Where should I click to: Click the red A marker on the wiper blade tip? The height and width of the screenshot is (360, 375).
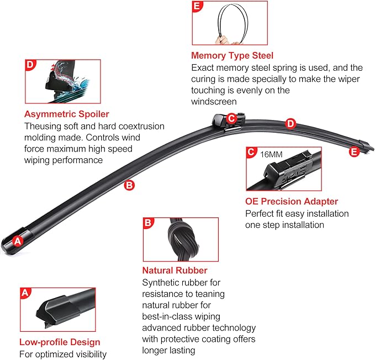(18, 241)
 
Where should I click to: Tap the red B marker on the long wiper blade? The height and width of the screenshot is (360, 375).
(129, 185)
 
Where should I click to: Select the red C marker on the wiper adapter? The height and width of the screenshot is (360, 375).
(231, 118)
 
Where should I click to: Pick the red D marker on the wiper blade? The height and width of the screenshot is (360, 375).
(291, 123)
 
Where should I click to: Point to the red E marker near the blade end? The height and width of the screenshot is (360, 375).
(354, 152)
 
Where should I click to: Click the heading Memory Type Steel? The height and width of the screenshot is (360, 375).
(232, 55)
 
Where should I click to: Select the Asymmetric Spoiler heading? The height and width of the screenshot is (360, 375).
(67, 114)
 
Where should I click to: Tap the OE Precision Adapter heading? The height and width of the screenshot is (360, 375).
(292, 201)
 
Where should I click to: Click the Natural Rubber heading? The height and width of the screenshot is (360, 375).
(175, 270)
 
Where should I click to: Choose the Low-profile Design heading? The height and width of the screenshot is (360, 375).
(60, 342)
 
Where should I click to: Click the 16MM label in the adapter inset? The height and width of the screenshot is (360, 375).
(271, 154)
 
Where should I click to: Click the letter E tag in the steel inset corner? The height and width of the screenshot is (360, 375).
(197, 6)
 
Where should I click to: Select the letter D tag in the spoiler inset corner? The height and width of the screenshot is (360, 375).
(30, 65)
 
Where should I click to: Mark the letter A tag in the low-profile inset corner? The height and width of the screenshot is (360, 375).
(25, 293)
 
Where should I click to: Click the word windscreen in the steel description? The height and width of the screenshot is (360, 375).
(214, 102)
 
